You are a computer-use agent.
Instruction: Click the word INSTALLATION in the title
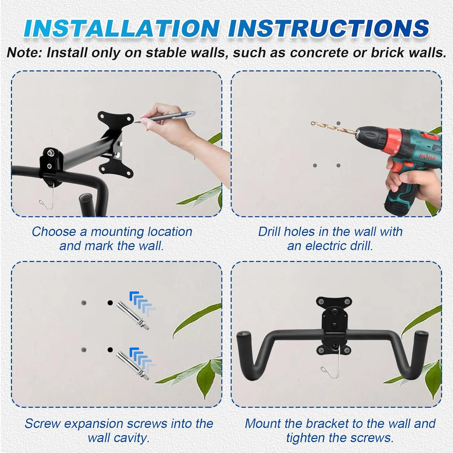pyautogui.click(x=122, y=29)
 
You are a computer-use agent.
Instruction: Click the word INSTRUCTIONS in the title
pyautogui.click(x=328, y=29)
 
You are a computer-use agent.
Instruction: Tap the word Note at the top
pyautogui.click(x=24, y=52)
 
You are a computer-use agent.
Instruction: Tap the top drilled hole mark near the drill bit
pyautogui.click(x=338, y=123)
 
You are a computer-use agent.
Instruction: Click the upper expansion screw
pyautogui.click(x=133, y=315)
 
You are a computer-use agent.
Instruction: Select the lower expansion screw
pyautogui.click(x=133, y=365)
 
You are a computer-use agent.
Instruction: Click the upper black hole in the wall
pyautogui.click(x=110, y=303)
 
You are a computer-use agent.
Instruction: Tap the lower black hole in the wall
pyautogui.click(x=110, y=350)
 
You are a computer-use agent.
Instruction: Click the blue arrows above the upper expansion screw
pyautogui.click(x=142, y=303)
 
